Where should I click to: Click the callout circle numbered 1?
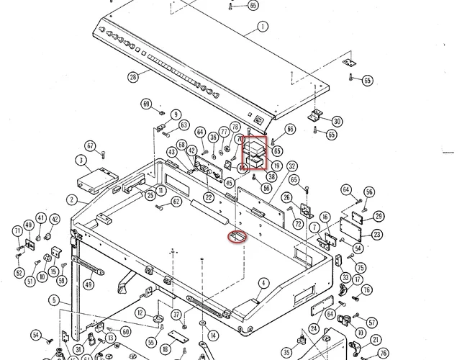coord(262,27)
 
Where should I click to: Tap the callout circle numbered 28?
coord(132,77)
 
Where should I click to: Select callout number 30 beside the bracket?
coord(337,121)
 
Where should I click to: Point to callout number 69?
coord(148,104)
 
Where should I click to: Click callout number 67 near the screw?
coord(91,145)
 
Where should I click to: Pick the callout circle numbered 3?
coord(82,160)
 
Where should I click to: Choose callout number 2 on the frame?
coord(72,199)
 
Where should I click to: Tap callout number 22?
coord(208,197)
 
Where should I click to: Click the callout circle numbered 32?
coord(292,166)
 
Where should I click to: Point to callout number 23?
coord(377,234)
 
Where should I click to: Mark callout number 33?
coord(345,277)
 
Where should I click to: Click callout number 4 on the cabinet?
coord(264,283)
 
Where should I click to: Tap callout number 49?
coord(89,284)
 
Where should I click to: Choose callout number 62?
coord(176,202)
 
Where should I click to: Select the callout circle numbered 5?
coord(54,300)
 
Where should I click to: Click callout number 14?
coord(213,336)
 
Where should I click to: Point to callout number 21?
coord(375,340)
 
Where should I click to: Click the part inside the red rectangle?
coord(255,152)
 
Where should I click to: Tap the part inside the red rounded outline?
coord(237,235)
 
